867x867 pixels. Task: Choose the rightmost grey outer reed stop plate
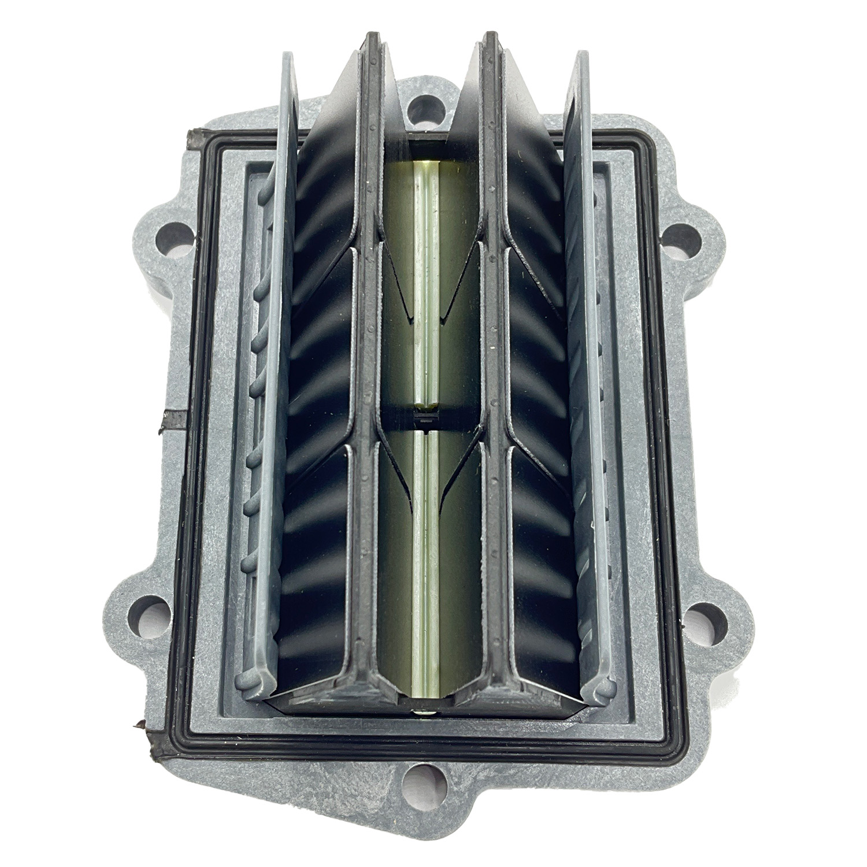click(584, 376)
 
